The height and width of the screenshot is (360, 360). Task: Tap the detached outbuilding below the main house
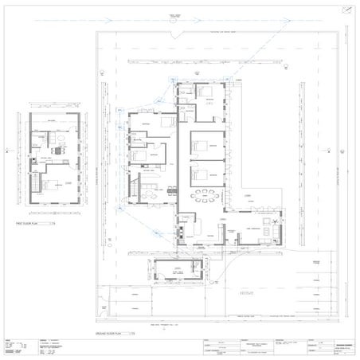pyautogui.click(x=180, y=270)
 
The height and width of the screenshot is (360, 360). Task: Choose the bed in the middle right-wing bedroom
pyautogui.click(x=205, y=146)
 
